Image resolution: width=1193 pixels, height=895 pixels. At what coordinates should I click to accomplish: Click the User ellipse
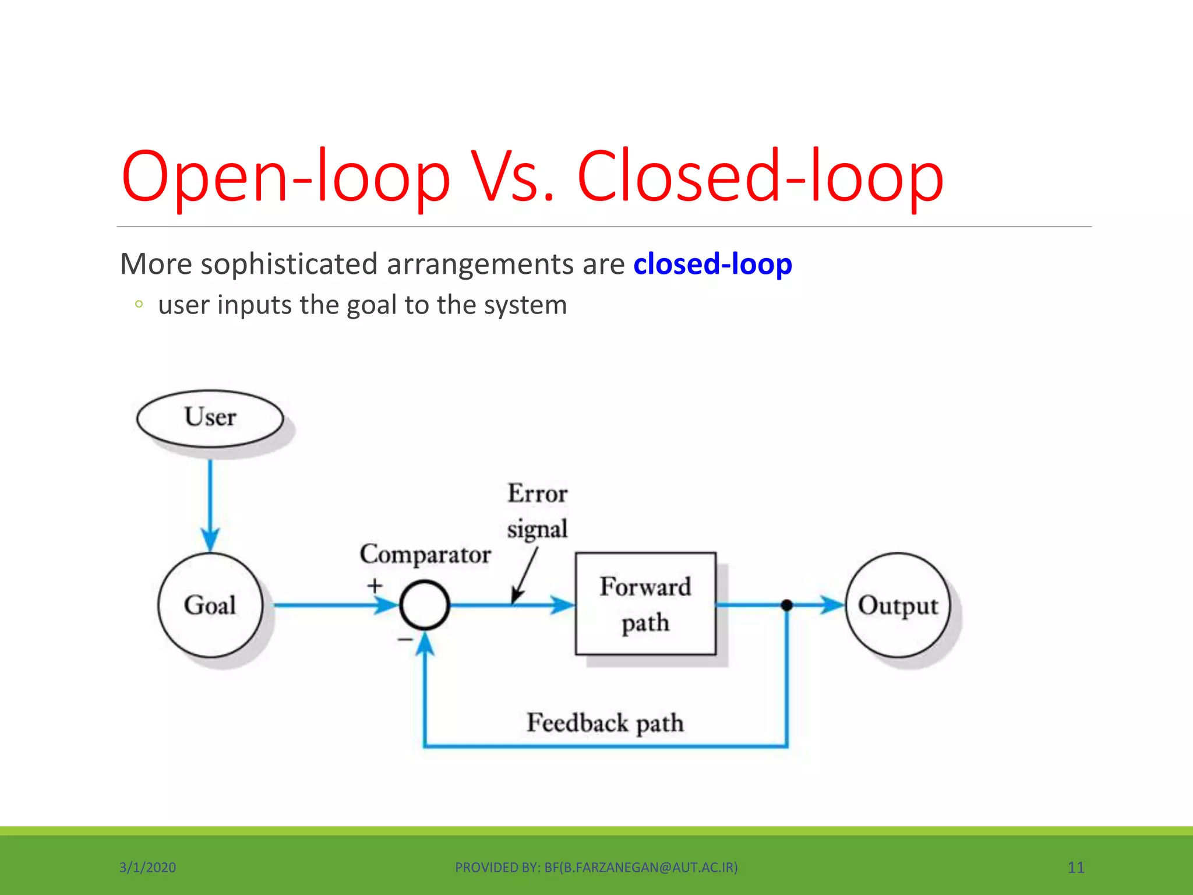pos(210,418)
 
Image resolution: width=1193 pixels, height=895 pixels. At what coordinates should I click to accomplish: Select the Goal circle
pos(210,605)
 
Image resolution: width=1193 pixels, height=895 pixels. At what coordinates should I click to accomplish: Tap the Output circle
pos(897,605)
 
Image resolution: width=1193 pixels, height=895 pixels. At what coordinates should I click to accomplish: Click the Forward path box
pos(645,604)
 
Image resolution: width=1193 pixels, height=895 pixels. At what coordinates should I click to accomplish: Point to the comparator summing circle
pos(425,605)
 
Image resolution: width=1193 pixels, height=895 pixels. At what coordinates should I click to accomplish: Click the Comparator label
pos(425,554)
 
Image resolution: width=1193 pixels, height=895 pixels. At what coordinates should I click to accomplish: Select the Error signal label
pos(537,511)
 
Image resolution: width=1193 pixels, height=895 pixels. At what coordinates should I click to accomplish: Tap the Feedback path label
pos(605,723)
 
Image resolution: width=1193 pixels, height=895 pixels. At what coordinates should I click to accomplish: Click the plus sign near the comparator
pos(375,585)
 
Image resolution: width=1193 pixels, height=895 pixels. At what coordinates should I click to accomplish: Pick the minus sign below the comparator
pos(405,640)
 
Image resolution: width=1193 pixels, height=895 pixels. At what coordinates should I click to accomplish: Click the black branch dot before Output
pos(786,605)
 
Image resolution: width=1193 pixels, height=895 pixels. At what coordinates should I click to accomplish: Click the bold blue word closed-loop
pos(712,264)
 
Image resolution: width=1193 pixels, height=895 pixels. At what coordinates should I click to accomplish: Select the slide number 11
pos(1075,867)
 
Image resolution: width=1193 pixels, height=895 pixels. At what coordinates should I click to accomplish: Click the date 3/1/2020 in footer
pos(147,867)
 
